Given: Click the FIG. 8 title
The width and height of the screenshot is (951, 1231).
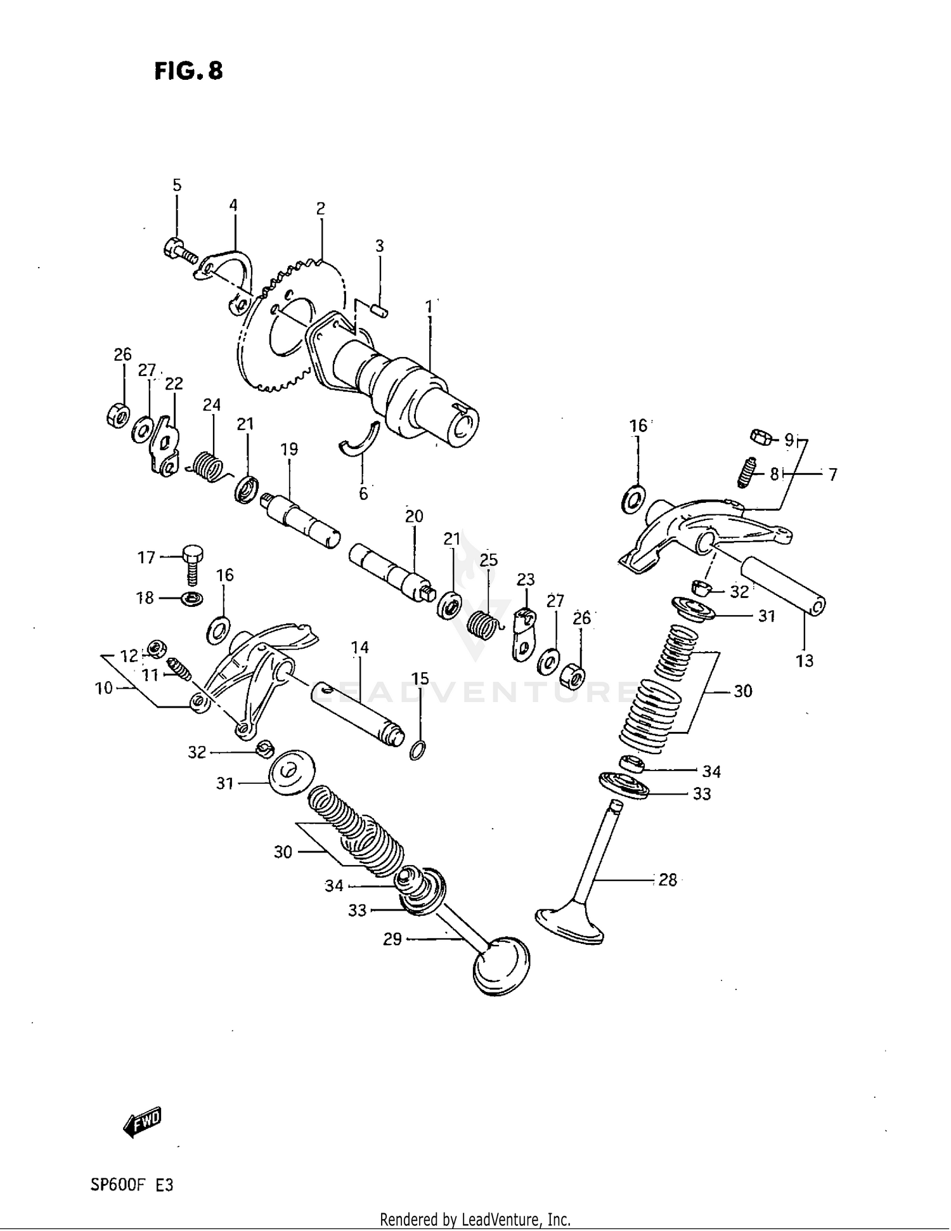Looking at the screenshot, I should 188,71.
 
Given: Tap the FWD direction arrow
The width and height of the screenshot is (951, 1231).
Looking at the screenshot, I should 142,1123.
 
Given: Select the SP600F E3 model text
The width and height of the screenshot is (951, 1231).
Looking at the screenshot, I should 131,1185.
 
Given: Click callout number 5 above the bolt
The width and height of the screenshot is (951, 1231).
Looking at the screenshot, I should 177,185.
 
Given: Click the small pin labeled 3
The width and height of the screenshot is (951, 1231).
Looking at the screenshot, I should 380,311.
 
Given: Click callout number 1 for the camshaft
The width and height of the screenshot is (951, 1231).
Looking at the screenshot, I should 429,306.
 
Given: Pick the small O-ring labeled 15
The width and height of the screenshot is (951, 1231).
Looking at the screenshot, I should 417,750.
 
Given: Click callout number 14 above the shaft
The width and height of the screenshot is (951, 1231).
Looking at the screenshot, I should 359,648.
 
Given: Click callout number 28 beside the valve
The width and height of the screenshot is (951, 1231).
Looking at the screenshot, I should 667,880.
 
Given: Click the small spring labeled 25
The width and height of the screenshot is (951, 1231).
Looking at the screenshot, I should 484,622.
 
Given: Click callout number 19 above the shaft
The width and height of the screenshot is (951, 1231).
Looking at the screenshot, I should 289,449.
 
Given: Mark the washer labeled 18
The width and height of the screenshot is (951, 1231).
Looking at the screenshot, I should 191,598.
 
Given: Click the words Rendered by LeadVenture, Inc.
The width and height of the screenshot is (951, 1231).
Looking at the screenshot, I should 475,1219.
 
